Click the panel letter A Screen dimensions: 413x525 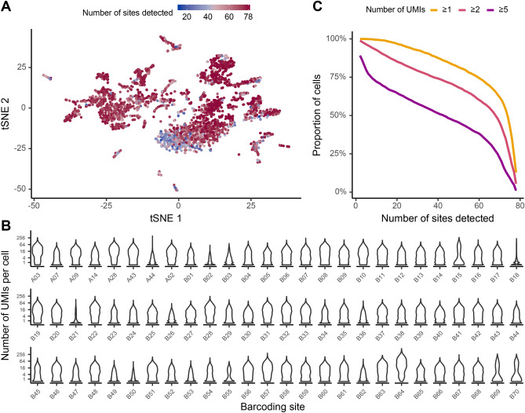7,8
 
